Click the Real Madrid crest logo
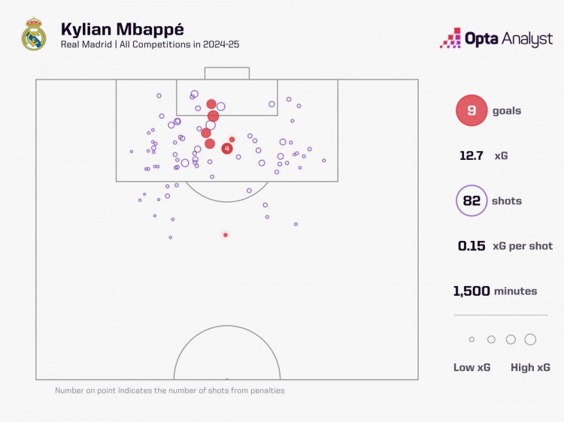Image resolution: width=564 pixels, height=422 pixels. point(34,35)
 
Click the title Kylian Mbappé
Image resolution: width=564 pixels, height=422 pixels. point(122,29)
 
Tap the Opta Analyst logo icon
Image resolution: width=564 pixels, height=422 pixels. point(450,38)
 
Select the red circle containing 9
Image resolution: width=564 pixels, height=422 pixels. point(471,110)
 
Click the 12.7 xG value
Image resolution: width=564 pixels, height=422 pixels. point(472,156)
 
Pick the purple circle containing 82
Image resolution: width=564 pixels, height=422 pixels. point(471,200)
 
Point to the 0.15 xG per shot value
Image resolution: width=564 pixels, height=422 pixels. point(472,246)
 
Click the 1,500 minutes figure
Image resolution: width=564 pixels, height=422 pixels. point(472,291)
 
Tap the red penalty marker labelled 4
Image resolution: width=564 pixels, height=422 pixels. point(227,149)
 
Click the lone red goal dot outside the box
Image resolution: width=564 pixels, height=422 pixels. point(225,235)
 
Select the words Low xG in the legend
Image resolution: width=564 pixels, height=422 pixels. point(474,367)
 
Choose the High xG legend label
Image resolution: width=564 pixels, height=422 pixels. point(531,367)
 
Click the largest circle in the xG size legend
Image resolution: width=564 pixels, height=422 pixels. point(530,339)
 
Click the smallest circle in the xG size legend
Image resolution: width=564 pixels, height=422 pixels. point(472,339)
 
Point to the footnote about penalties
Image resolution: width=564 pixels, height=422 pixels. point(170,390)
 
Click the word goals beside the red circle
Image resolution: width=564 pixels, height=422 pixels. point(506,111)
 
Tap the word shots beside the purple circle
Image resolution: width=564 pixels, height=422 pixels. point(507,201)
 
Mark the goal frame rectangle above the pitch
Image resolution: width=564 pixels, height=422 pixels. point(227,73)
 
